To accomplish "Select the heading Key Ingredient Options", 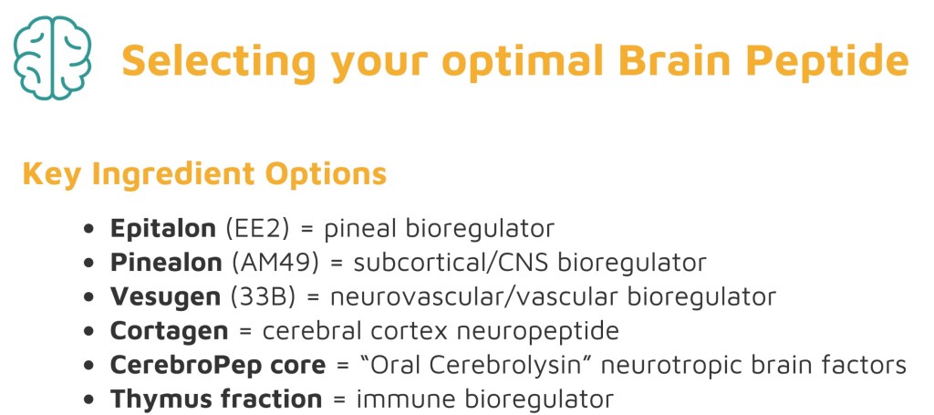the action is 204,174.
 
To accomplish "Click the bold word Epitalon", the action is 162,229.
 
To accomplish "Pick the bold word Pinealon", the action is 166,263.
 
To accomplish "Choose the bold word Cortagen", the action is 169,331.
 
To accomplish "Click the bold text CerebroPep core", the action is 218,365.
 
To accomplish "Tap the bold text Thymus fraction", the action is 215,399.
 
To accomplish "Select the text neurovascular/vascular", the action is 473,296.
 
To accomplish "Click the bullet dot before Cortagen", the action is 89,331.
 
